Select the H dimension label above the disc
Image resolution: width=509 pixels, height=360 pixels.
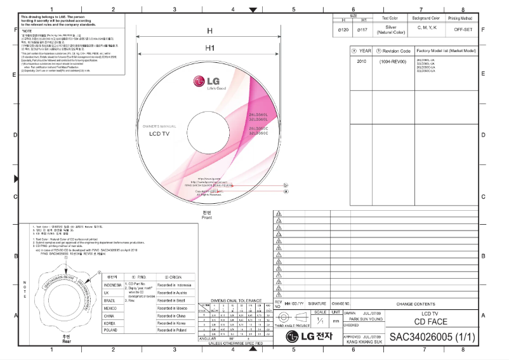click(209, 30)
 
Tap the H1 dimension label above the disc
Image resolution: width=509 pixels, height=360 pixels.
click(209, 48)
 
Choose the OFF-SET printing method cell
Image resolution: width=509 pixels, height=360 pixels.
click(462, 29)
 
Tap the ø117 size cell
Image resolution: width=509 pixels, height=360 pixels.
click(363, 29)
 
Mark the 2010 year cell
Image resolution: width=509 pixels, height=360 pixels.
click(362, 62)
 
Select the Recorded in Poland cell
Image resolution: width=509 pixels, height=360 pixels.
click(171, 330)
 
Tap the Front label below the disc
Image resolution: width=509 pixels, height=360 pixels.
click(206, 218)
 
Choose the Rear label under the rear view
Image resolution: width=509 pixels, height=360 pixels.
click(58, 341)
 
